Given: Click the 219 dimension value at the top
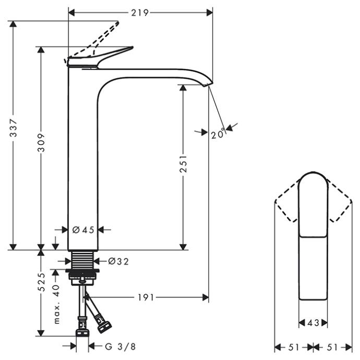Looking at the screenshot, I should tap(140, 12).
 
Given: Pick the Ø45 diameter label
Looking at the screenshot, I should tap(83, 229).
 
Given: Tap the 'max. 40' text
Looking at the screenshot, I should tap(57, 304).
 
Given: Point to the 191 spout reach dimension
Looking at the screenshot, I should tap(147, 297).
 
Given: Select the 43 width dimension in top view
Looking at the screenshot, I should tap(313, 323).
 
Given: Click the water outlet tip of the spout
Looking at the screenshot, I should tap(209, 84).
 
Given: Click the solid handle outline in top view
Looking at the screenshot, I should tap(313, 235).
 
